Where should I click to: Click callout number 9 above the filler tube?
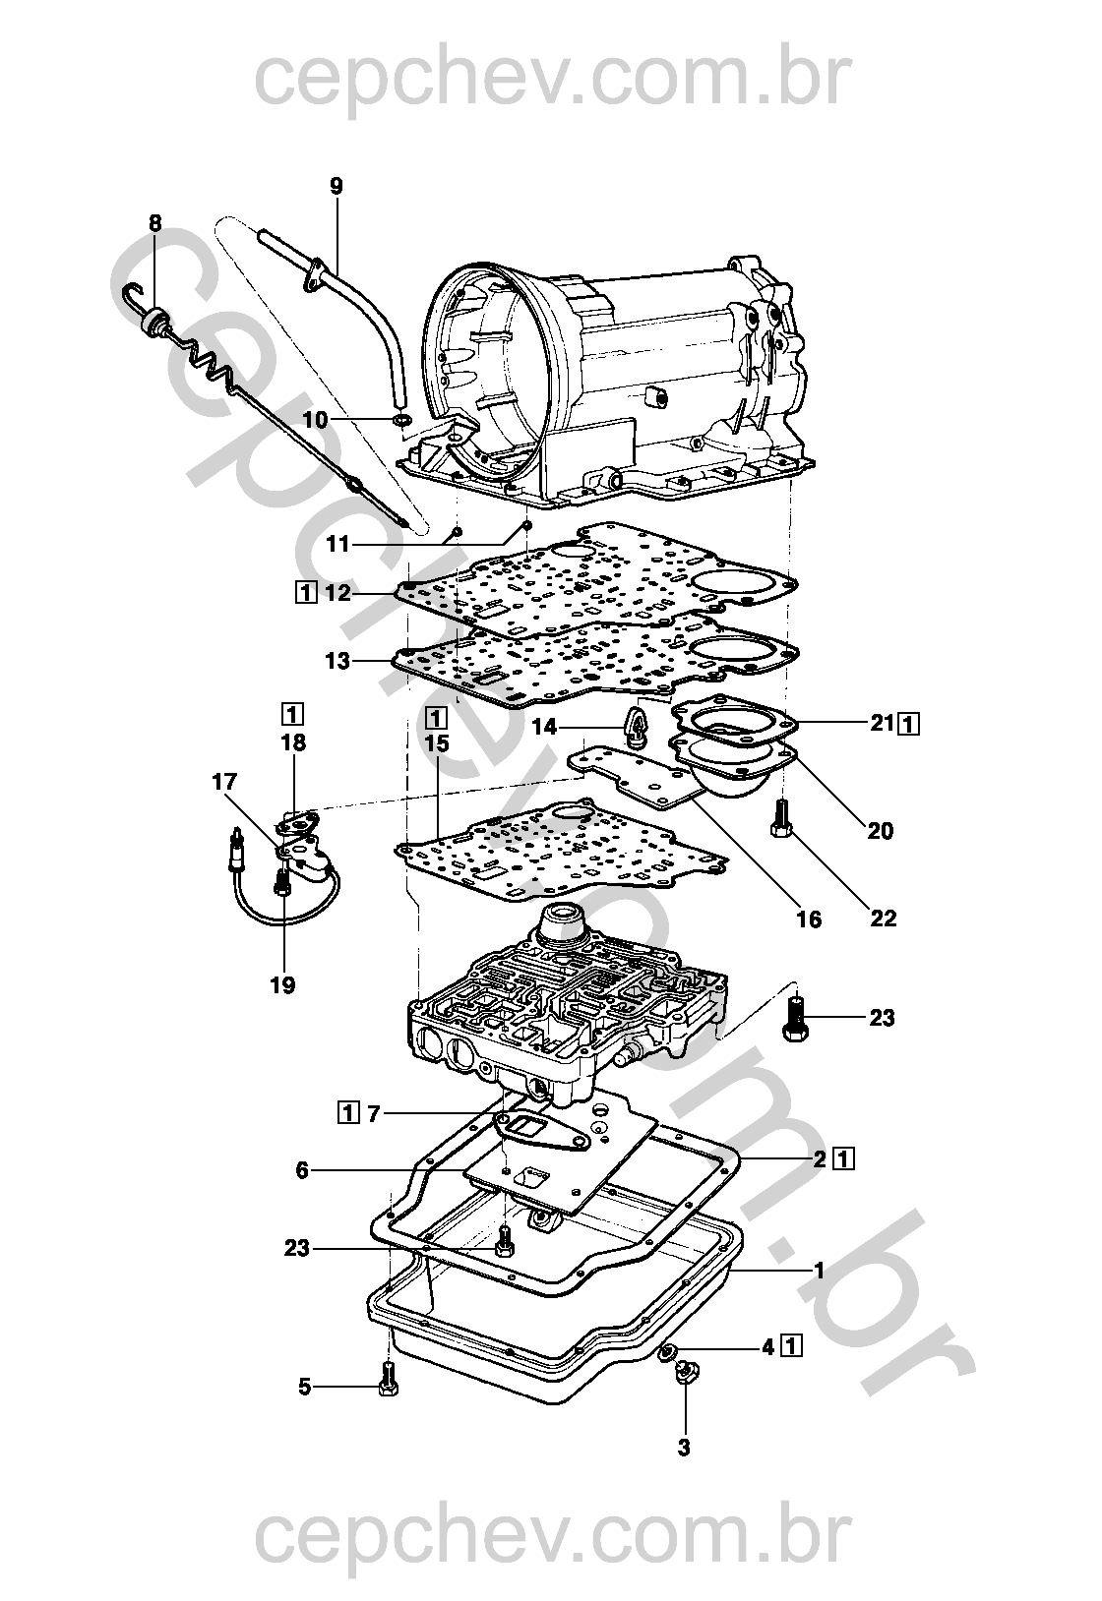pyautogui.click(x=336, y=187)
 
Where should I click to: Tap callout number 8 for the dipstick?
pyautogui.click(x=155, y=223)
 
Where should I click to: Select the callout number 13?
pyautogui.click(x=337, y=661)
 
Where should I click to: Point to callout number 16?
pyautogui.click(x=809, y=919)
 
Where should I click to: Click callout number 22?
pyautogui.click(x=883, y=919)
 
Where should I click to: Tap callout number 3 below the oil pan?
pyautogui.click(x=684, y=1448)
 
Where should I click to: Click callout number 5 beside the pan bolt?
pyautogui.click(x=305, y=1388)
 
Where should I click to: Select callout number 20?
pyautogui.click(x=881, y=831)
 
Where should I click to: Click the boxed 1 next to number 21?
pyautogui.click(x=909, y=725)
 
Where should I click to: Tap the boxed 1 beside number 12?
pyautogui.click(x=305, y=593)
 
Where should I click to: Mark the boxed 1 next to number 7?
pyautogui.click(x=347, y=1113)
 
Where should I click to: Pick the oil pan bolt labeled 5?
pyautogui.click(x=388, y=1379)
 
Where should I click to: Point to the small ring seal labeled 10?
pyautogui.click(x=402, y=418)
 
